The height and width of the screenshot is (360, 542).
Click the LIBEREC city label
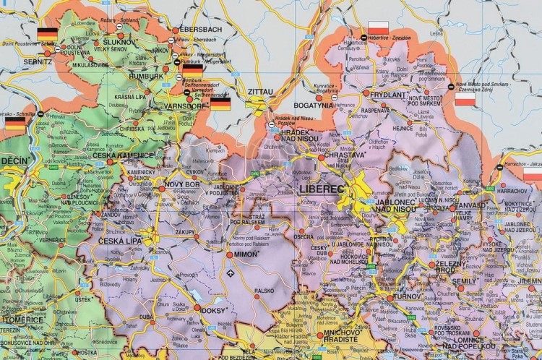318,189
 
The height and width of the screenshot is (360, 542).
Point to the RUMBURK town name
146,75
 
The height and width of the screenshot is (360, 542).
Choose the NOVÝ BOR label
181,187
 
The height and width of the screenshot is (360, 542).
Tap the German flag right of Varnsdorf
220,104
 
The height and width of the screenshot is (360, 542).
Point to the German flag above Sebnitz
48,32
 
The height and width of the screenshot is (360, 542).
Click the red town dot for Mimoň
230,255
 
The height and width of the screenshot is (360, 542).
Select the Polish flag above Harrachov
533,176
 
